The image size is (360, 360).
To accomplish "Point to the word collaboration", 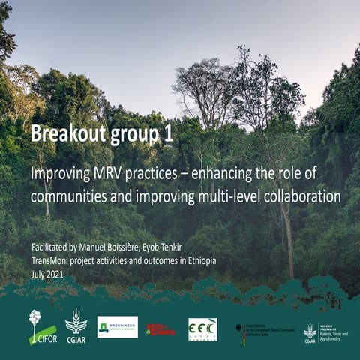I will [x=297, y=196].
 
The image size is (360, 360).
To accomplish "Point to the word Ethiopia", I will [x=194, y=260].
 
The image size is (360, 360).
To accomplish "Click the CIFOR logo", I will [x=42, y=327].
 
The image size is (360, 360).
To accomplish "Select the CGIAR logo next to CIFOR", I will [x=76, y=325].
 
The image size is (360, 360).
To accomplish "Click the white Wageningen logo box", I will [x=118, y=326].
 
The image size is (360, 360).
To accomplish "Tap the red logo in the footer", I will [x=160, y=328].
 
